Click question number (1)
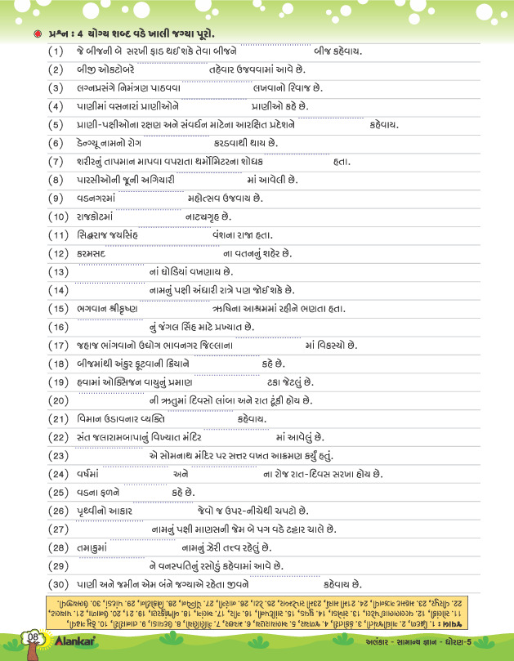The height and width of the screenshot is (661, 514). (x=56, y=51)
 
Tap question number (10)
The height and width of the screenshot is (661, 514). (x=56, y=217)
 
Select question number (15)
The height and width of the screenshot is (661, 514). (x=56, y=308)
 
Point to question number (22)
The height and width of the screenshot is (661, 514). (x=56, y=436)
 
